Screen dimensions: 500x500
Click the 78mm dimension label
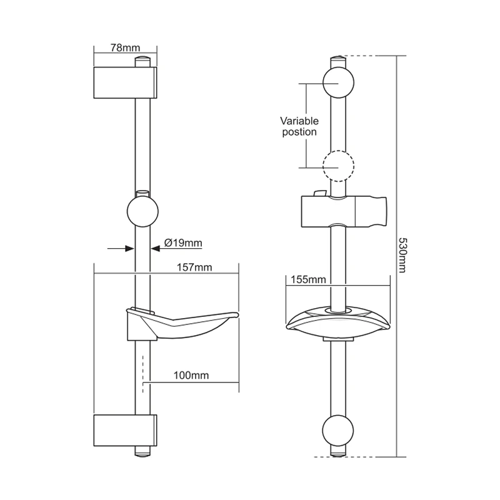click(x=124, y=47)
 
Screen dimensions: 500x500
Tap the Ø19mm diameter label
click(x=182, y=242)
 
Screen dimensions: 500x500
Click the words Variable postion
click(x=299, y=126)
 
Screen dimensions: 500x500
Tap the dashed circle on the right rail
click(x=338, y=166)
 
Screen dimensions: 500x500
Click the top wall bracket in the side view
click(x=124, y=82)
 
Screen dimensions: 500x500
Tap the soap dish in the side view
click(x=181, y=322)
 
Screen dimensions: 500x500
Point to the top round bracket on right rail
click(x=338, y=82)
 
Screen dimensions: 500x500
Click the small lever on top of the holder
click(x=319, y=193)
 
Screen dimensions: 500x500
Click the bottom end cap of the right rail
click(x=338, y=452)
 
